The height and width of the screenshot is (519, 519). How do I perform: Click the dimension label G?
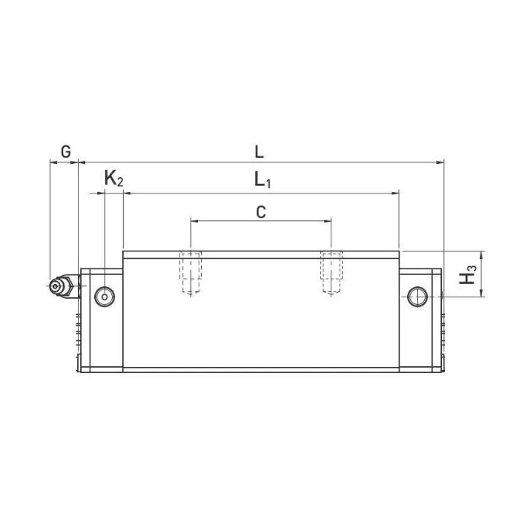pyautogui.click(x=65, y=152)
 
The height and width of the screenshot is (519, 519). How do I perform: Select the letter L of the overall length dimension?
pyautogui.click(x=259, y=152)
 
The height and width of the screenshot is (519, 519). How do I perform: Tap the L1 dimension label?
pyautogui.click(x=262, y=180)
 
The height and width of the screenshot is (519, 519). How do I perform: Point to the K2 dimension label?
pyautogui.click(x=113, y=179)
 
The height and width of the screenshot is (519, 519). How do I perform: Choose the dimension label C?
pyautogui.click(x=260, y=212)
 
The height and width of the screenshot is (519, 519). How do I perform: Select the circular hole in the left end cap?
pyautogui.click(x=105, y=297)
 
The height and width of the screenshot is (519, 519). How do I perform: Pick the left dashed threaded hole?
pyautogui.click(x=191, y=273)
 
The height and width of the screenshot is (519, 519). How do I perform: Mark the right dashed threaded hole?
pyautogui.click(x=331, y=273)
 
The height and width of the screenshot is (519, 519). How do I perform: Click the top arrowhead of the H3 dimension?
pyautogui.click(x=483, y=254)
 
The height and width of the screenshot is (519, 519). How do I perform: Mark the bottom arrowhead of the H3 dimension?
pyautogui.click(x=483, y=293)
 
